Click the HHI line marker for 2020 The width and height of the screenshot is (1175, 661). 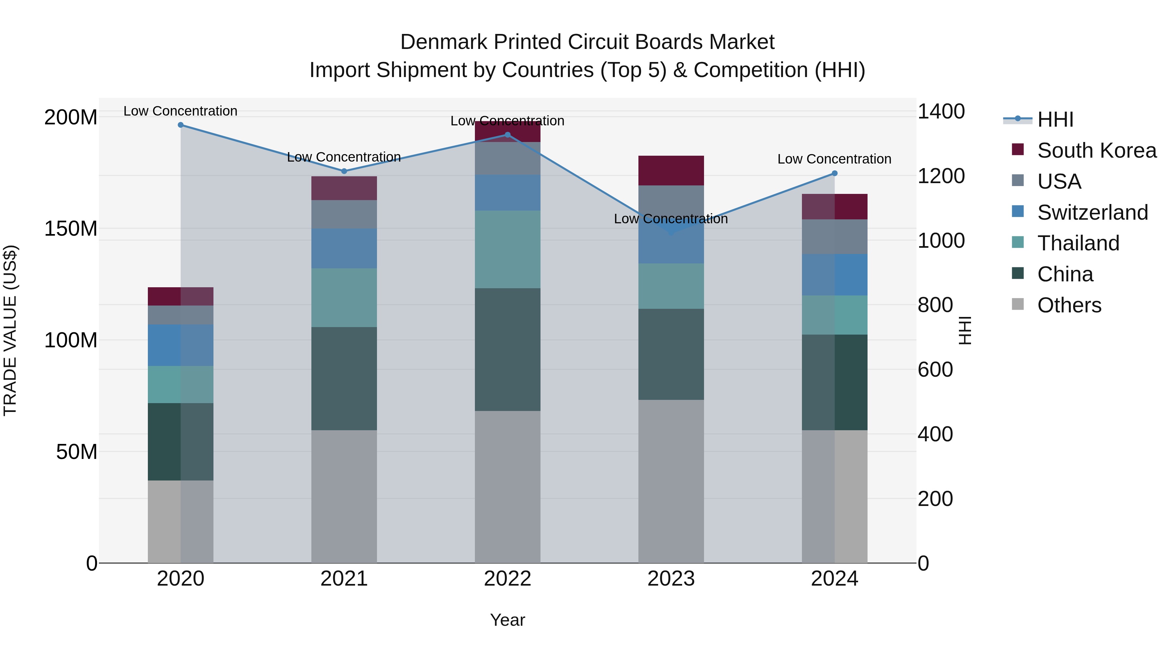[180, 125]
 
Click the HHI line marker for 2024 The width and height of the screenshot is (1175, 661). [834, 173]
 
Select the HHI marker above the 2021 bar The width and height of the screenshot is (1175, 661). [344, 171]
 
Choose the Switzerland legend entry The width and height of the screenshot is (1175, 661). [1092, 212]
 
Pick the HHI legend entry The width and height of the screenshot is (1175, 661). [1055, 119]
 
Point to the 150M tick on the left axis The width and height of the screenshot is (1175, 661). [71, 228]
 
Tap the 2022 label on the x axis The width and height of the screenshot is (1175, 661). [507, 579]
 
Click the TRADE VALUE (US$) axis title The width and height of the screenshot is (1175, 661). [10, 330]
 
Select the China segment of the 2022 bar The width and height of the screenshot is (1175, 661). [507, 349]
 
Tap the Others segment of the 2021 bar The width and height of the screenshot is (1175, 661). [344, 496]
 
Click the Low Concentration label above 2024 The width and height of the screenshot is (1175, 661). [834, 159]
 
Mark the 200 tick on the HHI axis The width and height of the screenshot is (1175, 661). [935, 499]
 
